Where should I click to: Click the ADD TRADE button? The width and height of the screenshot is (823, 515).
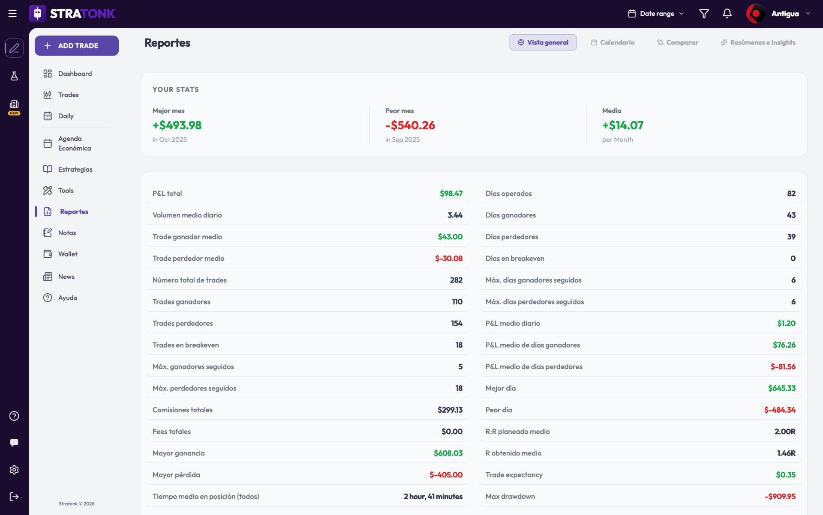(77, 45)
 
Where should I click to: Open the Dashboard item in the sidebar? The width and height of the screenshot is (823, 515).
(68, 74)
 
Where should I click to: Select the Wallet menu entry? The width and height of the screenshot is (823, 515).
(60, 254)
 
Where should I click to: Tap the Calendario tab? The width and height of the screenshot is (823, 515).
(613, 42)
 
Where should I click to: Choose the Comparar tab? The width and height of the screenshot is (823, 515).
(678, 42)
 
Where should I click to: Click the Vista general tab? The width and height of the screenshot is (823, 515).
(543, 42)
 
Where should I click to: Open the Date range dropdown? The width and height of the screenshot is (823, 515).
(656, 14)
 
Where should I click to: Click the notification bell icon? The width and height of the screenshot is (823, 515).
(727, 14)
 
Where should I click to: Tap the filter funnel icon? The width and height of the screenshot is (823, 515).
(704, 14)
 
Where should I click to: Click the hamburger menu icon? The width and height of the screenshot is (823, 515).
(12, 14)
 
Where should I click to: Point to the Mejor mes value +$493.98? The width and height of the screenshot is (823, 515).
(177, 125)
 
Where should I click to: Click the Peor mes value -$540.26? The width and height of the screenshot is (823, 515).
(410, 125)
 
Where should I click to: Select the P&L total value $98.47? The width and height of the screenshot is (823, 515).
(451, 193)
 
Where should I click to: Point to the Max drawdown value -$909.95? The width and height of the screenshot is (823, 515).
(780, 497)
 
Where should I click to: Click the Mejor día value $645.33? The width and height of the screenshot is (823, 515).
(782, 388)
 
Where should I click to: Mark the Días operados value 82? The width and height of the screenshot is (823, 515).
(791, 193)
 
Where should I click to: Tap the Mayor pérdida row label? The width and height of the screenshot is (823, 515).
(176, 475)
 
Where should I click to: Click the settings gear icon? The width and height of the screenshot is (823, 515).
(14, 470)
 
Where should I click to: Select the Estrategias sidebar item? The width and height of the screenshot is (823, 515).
(68, 169)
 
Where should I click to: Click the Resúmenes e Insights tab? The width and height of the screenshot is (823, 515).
(758, 42)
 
